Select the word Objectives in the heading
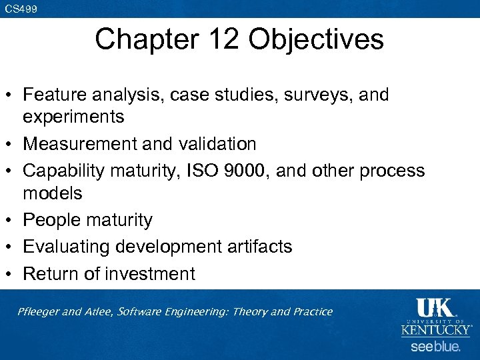(317, 39)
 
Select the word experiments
(73, 117)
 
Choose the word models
(53, 193)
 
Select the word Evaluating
(67, 247)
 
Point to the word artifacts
(259, 247)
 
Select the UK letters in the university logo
(435, 309)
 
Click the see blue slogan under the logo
(435, 346)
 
